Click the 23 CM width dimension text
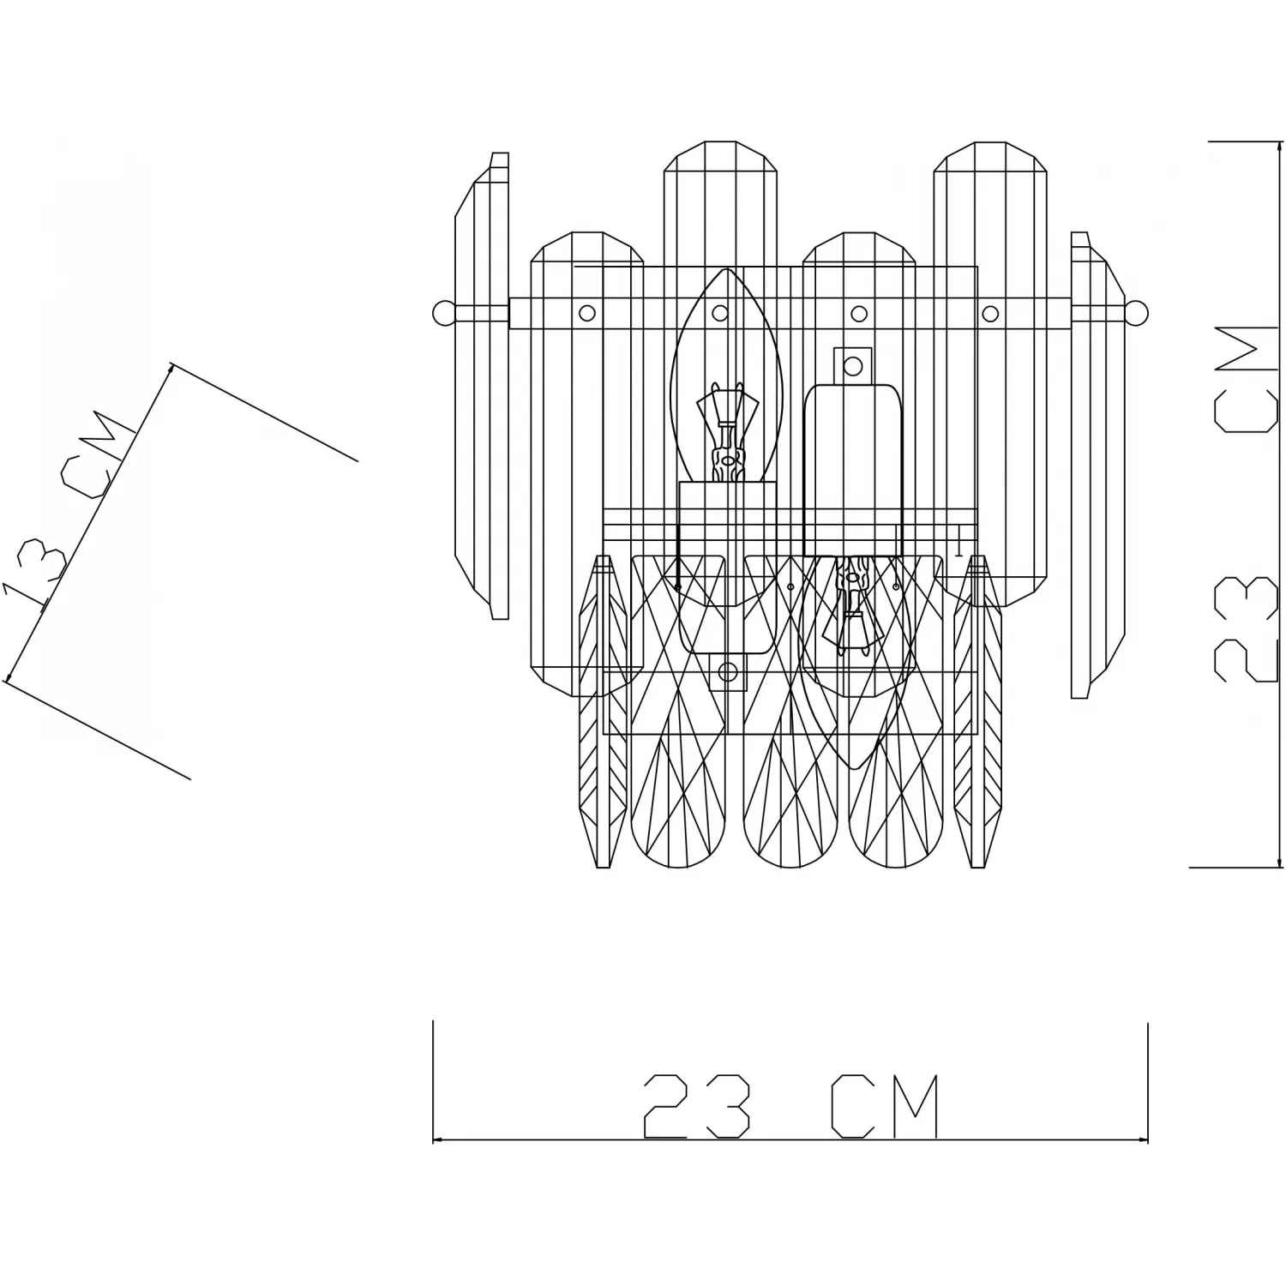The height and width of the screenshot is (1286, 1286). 790,1107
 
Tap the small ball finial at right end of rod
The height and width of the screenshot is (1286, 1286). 1136,312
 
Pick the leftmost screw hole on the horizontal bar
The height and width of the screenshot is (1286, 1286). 587,313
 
